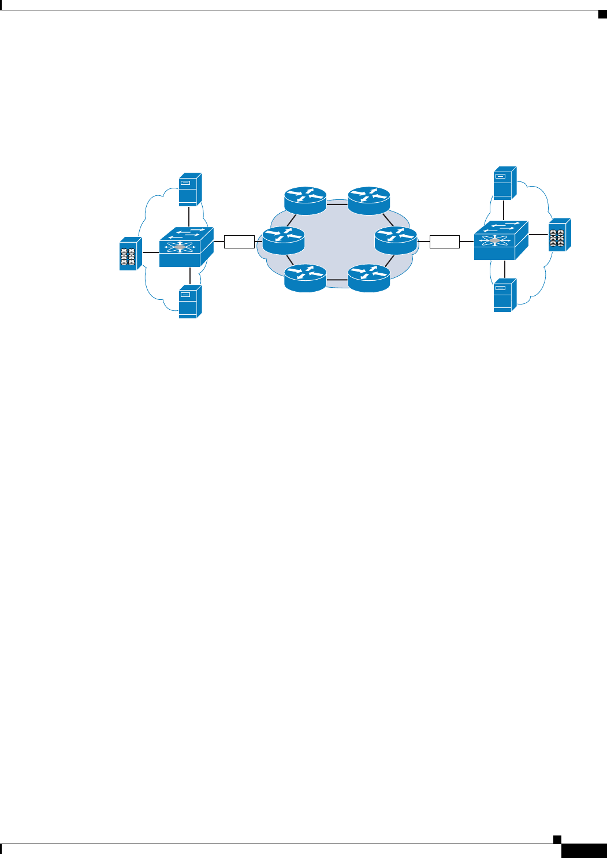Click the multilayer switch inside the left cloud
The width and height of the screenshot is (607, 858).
[x=186, y=247]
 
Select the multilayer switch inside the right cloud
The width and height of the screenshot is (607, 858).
[x=501, y=240]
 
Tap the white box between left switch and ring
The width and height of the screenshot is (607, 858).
[x=239, y=242]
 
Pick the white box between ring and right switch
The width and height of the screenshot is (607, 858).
[x=445, y=242]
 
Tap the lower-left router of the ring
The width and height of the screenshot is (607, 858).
[x=306, y=278]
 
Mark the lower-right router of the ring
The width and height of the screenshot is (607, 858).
[x=369, y=278]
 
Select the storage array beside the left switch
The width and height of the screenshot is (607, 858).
[x=131, y=254]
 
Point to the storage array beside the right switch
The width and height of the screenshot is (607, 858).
[x=559, y=235]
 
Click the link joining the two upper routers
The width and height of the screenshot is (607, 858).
[x=337, y=204]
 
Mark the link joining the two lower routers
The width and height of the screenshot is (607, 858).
[x=337, y=280]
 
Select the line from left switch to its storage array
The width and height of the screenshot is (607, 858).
[x=150, y=252]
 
